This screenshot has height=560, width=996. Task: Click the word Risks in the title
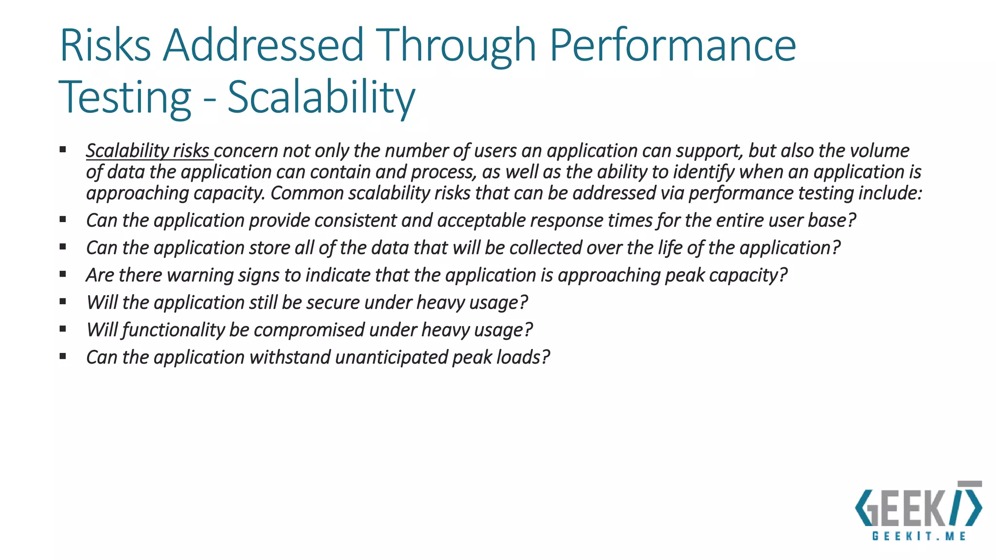coord(105,45)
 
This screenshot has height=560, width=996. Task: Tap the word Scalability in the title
coord(321,97)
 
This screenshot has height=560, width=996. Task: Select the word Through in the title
coord(456,45)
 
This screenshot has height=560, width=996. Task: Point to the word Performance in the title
coord(672,45)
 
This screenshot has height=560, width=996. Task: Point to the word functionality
coord(173,330)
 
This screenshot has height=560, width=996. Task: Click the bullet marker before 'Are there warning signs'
coord(63,274)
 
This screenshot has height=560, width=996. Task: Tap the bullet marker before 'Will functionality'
coord(63,329)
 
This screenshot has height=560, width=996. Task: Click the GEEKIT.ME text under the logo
coord(919,536)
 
